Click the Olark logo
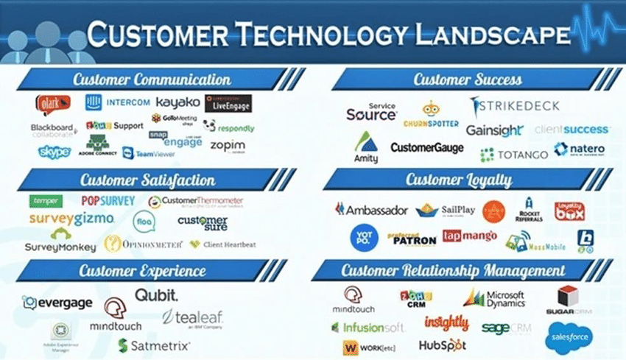point(52,102)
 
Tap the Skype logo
point(54,152)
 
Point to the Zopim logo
point(228,146)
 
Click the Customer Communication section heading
point(152,80)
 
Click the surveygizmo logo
point(71,219)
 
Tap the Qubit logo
point(156,295)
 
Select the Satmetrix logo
point(155,344)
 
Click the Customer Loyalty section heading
point(468,180)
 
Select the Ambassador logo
point(371,210)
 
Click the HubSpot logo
point(443,344)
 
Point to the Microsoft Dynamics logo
point(494,298)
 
